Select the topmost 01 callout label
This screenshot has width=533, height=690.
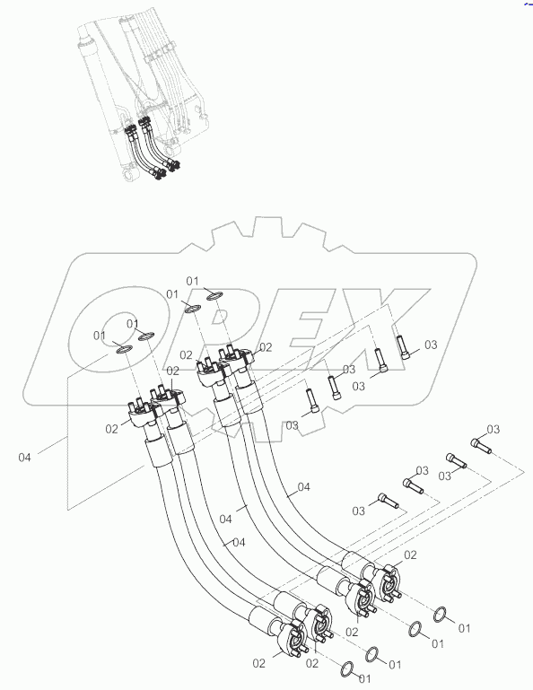coord(193,281)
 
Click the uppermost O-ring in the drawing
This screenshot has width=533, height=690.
coord(215,296)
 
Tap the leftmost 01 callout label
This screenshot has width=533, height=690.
coord(100,336)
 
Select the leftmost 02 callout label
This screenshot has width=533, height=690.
coord(111,430)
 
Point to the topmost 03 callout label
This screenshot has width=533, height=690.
coord(430,345)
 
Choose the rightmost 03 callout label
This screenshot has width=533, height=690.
coord(493,429)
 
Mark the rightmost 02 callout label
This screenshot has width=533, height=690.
coord(410,555)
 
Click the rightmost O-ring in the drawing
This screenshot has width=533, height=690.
coord(441,615)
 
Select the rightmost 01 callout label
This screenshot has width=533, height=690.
coord(464,629)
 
